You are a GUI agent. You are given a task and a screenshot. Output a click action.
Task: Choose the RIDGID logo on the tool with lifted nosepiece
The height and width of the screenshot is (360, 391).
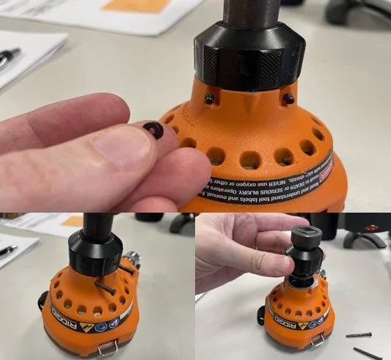pos(274,316)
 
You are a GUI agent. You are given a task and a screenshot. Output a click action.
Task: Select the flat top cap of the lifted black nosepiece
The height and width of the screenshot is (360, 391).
pos(302,233)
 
